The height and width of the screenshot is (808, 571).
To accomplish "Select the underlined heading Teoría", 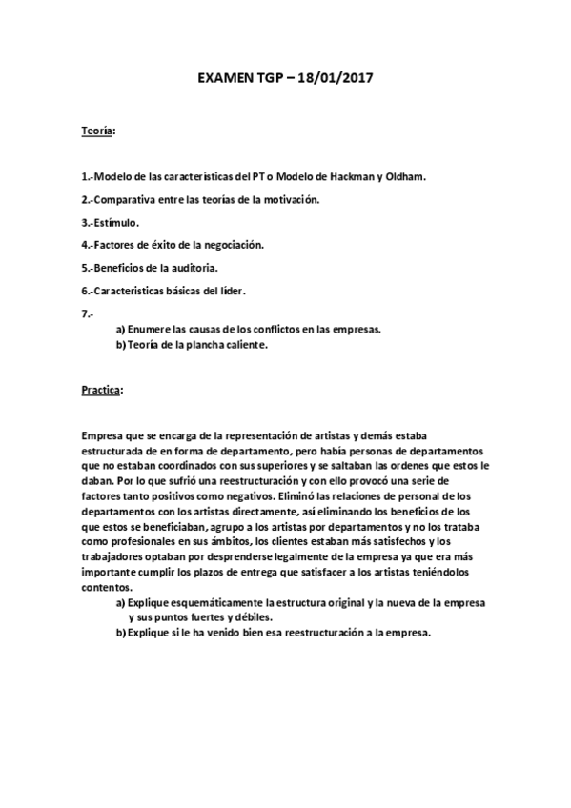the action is coord(96,131).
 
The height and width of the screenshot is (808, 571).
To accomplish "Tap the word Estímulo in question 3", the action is coord(117,222).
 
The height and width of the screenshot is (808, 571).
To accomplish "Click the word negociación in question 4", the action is coord(229,245).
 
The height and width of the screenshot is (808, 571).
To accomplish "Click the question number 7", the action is coord(88,313).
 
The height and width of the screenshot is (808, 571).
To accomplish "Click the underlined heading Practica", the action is coord(102,391).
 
